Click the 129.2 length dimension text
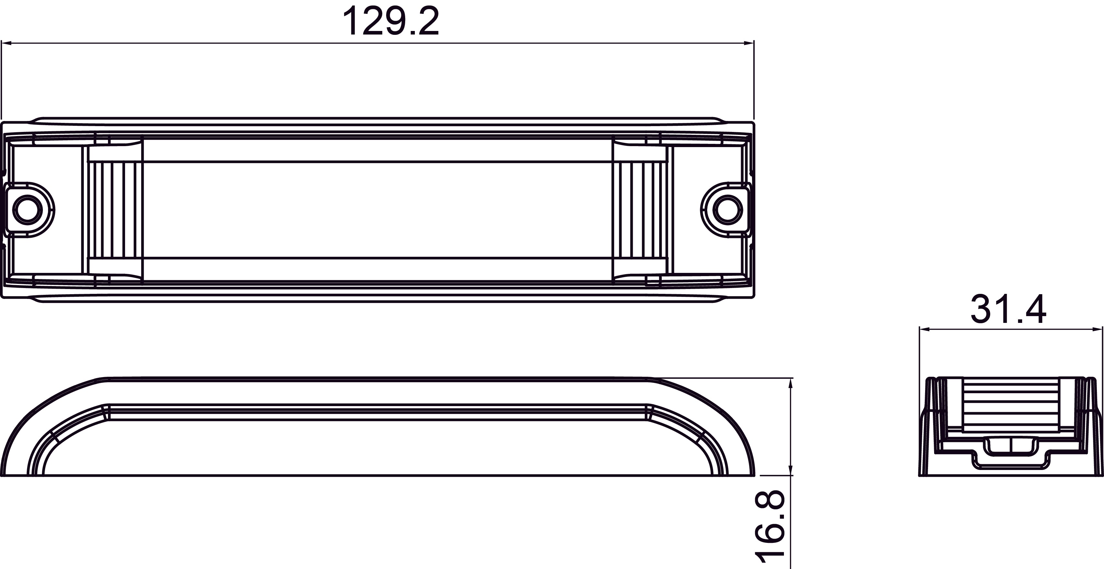(391, 21)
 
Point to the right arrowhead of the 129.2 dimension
(748, 43)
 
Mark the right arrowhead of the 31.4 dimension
(1097, 329)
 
